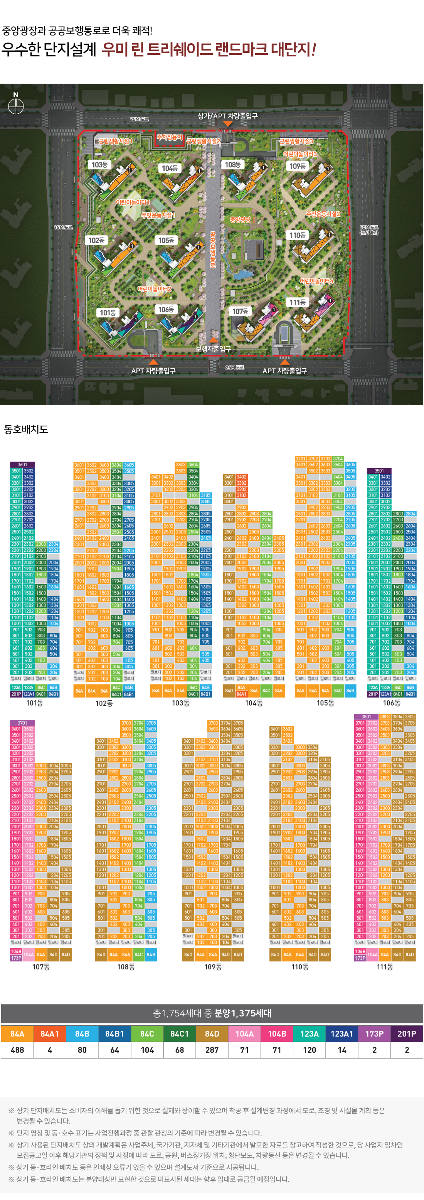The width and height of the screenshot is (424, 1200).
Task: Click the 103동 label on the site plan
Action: click(x=99, y=164)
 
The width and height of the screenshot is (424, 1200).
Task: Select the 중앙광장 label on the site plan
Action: click(x=240, y=219)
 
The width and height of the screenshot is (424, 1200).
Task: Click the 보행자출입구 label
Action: click(x=213, y=349)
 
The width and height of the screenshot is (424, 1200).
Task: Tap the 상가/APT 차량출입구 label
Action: click(x=227, y=116)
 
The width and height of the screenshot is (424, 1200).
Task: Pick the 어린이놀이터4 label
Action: click(x=316, y=281)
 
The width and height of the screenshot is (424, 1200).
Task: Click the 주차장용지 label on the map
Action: click(x=170, y=137)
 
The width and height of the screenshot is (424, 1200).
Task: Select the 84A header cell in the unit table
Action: click(x=17, y=1034)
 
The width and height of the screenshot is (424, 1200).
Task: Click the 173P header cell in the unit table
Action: click(x=374, y=1034)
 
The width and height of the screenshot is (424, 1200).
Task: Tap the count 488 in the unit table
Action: click(x=17, y=1050)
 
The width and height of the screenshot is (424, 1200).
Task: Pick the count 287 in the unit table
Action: click(x=212, y=1050)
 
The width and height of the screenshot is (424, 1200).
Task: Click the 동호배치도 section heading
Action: click(x=26, y=429)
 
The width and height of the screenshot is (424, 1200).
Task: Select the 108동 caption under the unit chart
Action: click(x=126, y=967)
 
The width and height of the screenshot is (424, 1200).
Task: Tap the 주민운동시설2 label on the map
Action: click(x=323, y=214)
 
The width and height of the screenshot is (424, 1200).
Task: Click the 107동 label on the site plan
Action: click(x=240, y=311)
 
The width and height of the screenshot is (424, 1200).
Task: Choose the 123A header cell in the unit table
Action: click(x=309, y=1034)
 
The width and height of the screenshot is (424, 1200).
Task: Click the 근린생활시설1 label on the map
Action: click(x=116, y=141)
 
